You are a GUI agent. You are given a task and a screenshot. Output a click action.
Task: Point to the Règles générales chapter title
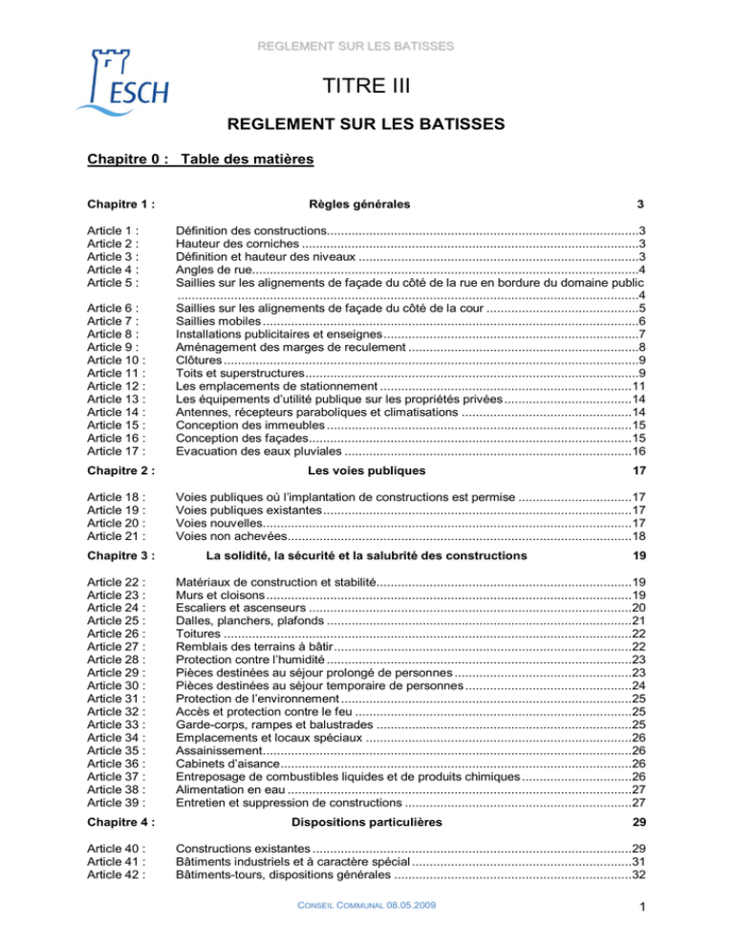point(360,204)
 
